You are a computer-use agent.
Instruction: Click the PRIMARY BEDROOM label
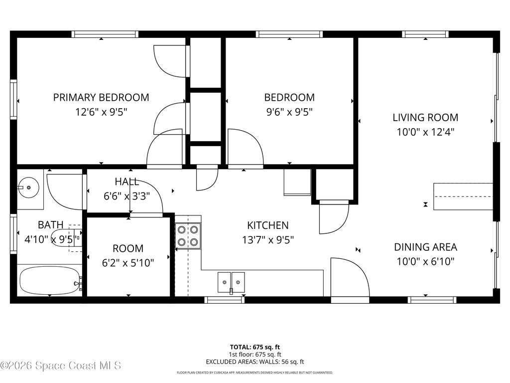click(101, 97)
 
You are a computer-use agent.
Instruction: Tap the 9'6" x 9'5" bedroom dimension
click(289, 112)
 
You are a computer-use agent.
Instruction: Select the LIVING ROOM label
click(425, 117)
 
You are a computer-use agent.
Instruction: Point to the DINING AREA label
click(425, 247)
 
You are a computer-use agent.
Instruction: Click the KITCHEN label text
click(267, 225)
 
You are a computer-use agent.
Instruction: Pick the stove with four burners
click(188, 236)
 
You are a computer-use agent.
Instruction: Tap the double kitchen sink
click(231, 282)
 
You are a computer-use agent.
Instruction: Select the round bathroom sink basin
click(28, 188)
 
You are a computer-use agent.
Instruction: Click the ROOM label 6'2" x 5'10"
click(128, 256)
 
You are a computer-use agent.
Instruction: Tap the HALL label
click(127, 182)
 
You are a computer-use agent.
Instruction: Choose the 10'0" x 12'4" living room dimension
click(425, 132)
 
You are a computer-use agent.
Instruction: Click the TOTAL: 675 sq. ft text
click(255, 347)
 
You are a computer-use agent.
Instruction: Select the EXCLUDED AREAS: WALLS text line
click(255, 362)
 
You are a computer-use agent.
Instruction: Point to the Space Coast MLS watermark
click(61, 366)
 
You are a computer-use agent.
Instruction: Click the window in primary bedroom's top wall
click(105, 34)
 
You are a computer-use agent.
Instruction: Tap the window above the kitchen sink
click(225, 300)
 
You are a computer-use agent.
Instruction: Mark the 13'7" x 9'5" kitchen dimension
click(268, 240)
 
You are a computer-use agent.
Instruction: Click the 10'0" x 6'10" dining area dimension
click(425, 261)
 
